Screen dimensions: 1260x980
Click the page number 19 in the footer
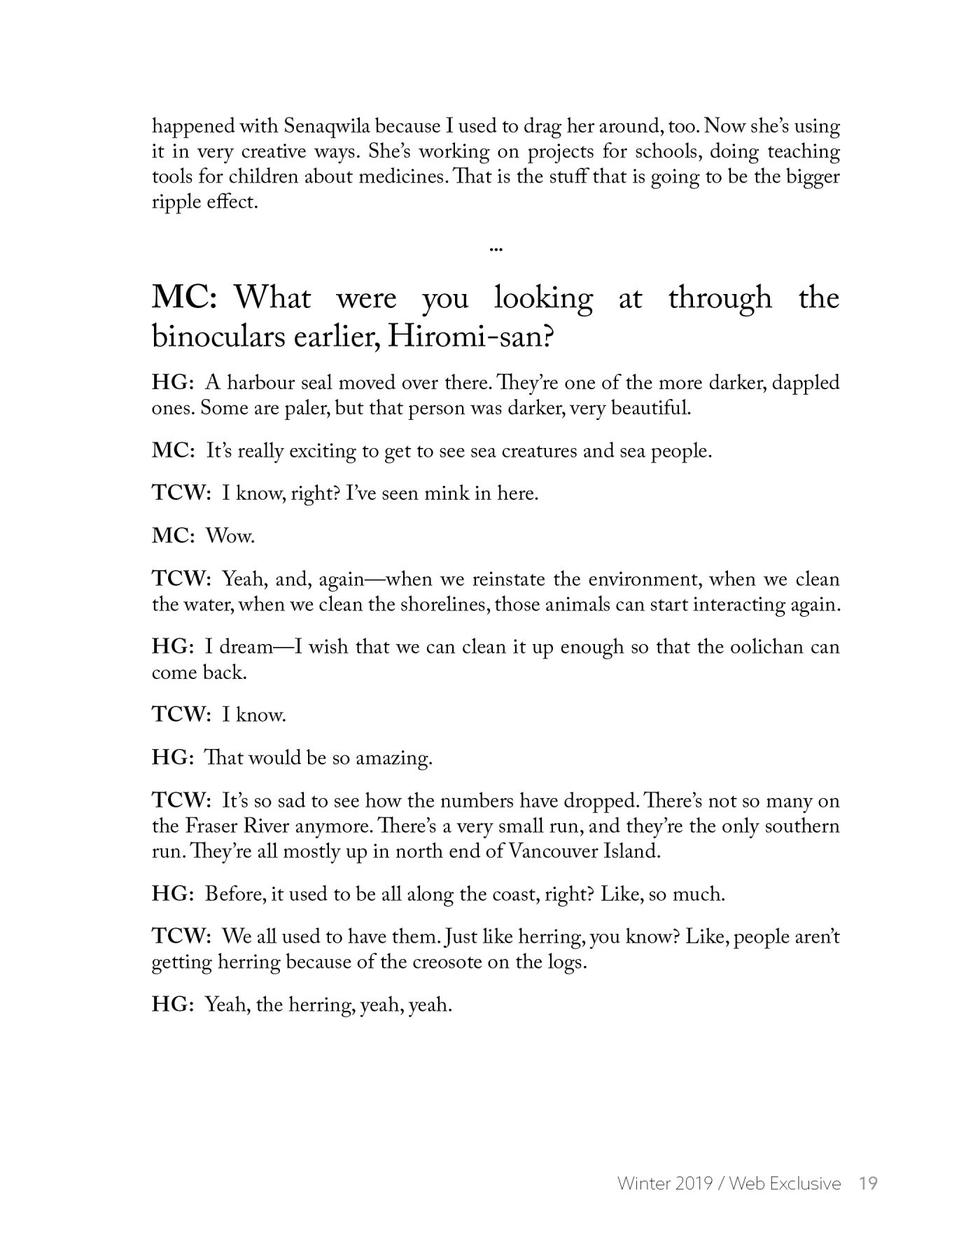(868, 1183)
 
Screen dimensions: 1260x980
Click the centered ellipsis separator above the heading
(496, 248)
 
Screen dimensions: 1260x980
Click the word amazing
(394, 758)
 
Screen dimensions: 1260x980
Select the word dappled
(803, 384)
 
